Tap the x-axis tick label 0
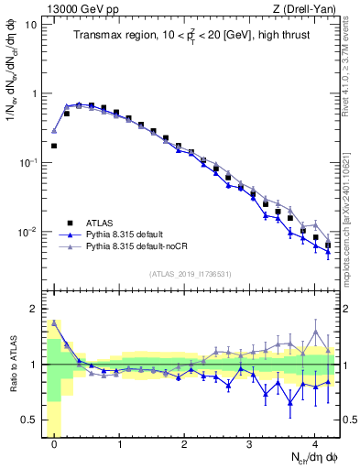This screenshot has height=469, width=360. (55, 444)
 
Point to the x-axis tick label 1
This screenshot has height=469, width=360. (120, 444)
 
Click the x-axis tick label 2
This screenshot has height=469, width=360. (185, 444)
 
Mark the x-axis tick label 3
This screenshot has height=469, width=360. (250, 444)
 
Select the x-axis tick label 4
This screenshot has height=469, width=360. (315, 444)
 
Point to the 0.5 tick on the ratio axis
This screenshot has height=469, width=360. (30, 420)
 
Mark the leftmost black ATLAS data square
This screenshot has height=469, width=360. (55, 146)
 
